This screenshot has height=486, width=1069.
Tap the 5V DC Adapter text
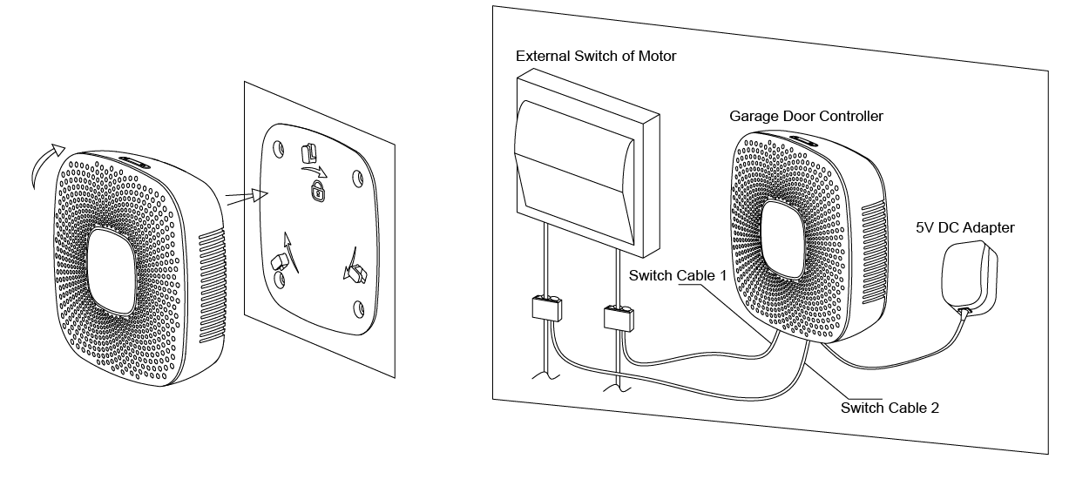point(964,228)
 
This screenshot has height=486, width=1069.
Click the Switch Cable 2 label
point(890,407)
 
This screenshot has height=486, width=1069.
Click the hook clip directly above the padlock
point(308,152)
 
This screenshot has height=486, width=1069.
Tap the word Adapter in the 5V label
point(988,228)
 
